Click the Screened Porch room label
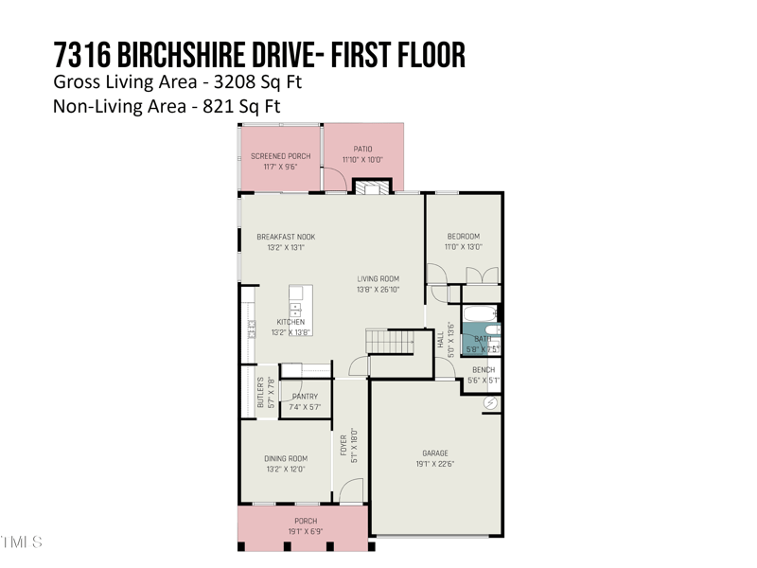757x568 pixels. click(280, 156)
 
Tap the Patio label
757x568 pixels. click(362, 149)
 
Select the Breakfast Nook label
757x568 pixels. click(286, 237)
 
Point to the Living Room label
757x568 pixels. click(378, 279)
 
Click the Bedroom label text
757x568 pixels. click(463, 237)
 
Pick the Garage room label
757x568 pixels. click(435, 453)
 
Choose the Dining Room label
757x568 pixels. click(285, 458)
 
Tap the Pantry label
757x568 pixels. click(305, 397)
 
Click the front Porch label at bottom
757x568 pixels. click(305, 521)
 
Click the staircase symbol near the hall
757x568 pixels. click(390, 341)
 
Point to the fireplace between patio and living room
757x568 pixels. click(371, 187)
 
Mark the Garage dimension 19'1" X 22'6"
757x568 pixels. click(435, 465)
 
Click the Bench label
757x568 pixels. click(483, 370)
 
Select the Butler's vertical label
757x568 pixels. click(261, 393)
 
